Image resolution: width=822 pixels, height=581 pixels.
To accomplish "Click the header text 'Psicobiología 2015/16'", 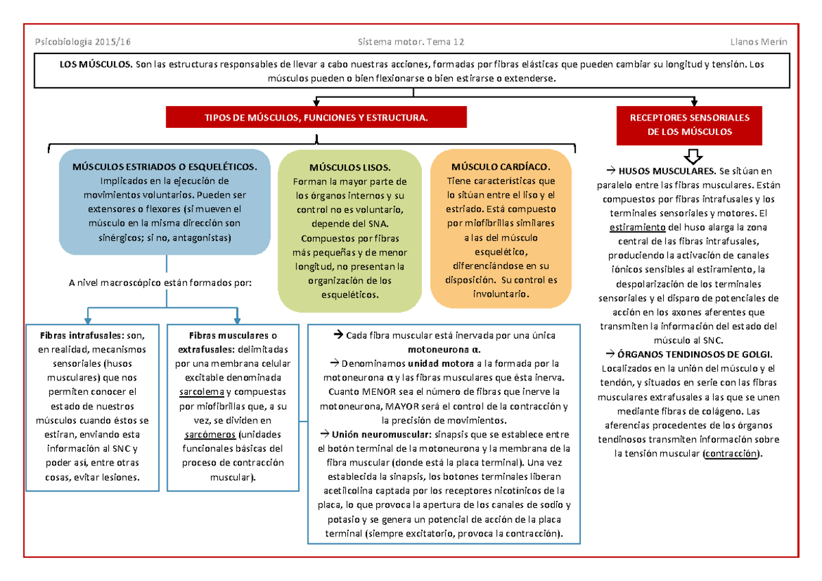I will point(82,42).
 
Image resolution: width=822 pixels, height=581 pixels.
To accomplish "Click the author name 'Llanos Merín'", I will point(758,42).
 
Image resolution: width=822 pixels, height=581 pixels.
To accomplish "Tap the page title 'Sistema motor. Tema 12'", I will point(411,42).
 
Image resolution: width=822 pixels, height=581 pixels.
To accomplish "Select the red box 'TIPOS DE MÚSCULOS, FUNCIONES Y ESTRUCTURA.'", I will point(316,118).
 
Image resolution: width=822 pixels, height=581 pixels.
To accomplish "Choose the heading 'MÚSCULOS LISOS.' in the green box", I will point(349,168).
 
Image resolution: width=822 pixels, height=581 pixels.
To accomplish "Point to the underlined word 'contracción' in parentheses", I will point(732,454).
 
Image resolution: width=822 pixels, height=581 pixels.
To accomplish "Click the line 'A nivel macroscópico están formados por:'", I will point(160,282).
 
